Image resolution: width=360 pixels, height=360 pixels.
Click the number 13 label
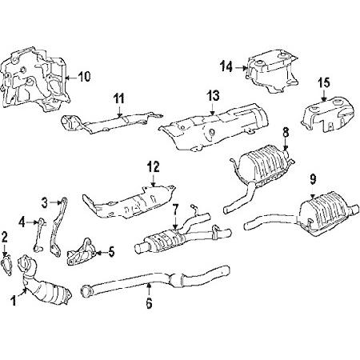tap(212, 95)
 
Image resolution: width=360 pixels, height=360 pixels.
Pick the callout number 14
tap(227, 67)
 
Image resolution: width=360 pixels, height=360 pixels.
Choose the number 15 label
tap(324, 82)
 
